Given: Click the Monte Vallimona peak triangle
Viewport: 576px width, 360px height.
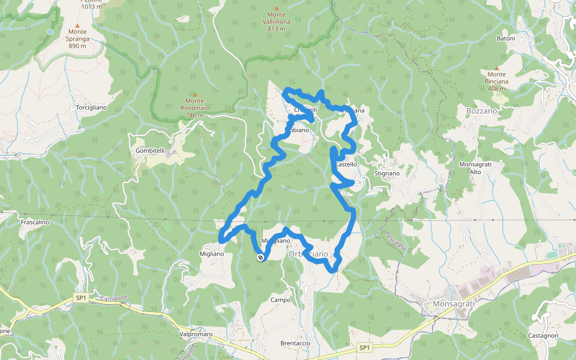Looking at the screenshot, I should click(276, 8).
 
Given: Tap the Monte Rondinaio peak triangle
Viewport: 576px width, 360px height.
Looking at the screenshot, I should click(194, 93).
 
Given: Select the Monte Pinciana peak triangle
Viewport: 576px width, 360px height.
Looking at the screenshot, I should click(497, 67).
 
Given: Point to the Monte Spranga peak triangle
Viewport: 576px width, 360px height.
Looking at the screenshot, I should click(77, 25).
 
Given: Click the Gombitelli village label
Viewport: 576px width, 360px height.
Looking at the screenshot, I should click(150, 150).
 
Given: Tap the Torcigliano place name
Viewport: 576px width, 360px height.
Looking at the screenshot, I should click(91, 107).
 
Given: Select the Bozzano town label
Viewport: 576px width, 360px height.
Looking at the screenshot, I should click(482, 111).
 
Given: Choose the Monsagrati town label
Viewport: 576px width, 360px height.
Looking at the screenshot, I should click(453, 304).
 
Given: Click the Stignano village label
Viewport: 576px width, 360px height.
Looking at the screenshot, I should click(387, 173).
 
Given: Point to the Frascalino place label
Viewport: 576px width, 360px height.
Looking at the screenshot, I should click(34, 222).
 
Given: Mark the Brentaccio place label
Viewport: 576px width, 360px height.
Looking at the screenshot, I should click(295, 343).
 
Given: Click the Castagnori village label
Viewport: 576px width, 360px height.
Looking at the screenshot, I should click(544, 335).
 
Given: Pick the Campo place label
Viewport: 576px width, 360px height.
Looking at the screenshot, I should click(281, 300).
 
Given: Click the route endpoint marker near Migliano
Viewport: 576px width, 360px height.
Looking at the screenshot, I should click(260, 258).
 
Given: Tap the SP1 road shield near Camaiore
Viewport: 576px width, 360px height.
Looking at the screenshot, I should click(81, 297).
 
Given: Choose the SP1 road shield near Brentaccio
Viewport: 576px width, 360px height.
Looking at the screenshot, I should click(364, 347).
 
